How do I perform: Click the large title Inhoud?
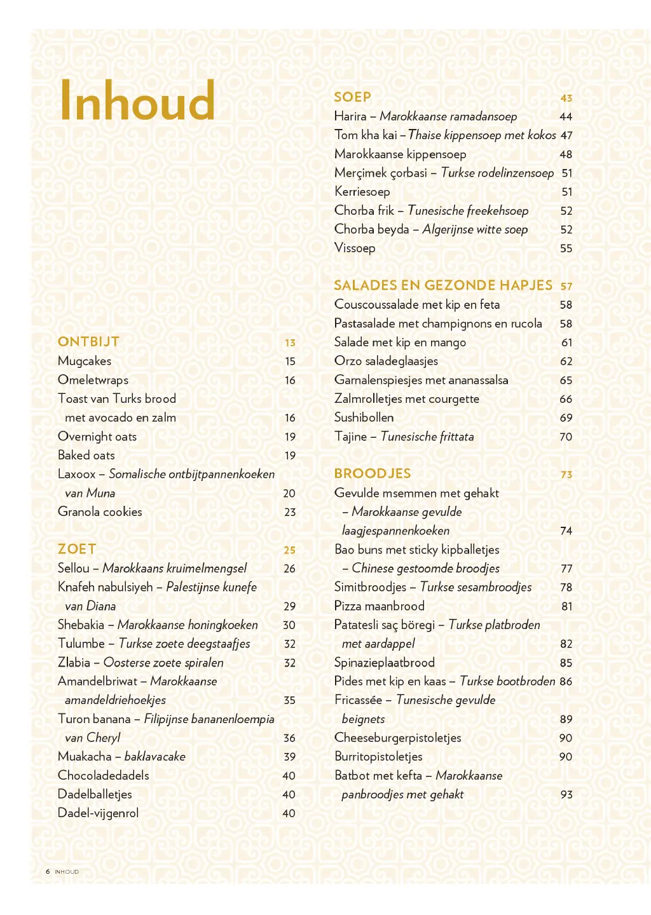pyautogui.click(x=137, y=100)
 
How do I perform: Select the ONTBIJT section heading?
pyautogui.click(x=88, y=342)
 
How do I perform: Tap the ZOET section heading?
pyautogui.click(x=77, y=549)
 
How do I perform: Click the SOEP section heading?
pyautogui.click(x=352, y=97)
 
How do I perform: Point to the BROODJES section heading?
pyautogui.click(x=373, y=473)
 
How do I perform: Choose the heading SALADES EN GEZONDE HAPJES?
pyautogui.click(x=443, y=285)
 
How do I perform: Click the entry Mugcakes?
pyautogui.click(x=85, y=361)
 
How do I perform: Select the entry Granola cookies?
pyautogui.click(x=100, y=512)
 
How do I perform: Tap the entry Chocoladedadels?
pyautogui.click(x=104, y=775)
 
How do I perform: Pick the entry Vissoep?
pyautogui.click(x=355, y=248)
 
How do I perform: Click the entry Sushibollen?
pyautogui.click(x=364, y=417)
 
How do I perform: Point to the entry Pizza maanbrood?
pyautogui.click(x=380, y=606)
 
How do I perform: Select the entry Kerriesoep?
pyautogui.click(x=362, y=191)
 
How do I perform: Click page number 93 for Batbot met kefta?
pyautogui.click(x=566, y=794)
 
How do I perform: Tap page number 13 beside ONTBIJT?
pyautogui.click(x=290, y=342)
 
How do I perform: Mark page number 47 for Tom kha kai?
pyautogui.click(x=566, y=135)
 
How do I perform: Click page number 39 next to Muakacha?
pyautogui.click(x=289, y=757)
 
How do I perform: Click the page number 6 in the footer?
pyautogui.click(x=48, y=871)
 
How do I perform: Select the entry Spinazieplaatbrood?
pyautogui.click(x=385, y=662)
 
